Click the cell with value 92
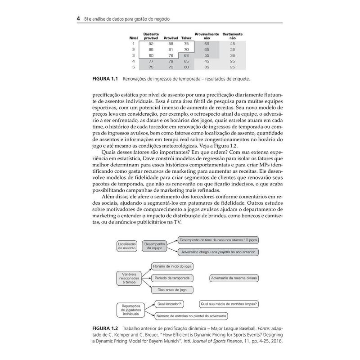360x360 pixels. tap(151, 44)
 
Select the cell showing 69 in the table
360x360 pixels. tap(207, 44)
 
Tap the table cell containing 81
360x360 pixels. tap(171, 49)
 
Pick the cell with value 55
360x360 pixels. tap(207, 55)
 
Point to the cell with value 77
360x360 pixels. tap(151, 61)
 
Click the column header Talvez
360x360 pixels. tap(186, 39)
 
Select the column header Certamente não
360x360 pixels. tap(232, 36)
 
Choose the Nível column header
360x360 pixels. tap(133, 39)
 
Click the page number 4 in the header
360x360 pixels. tap(78, 19)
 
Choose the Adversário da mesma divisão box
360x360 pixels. tap(234, 278)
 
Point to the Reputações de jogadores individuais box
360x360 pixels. tap(130, 309)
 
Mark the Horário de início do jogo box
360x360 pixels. tap(171, 266)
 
